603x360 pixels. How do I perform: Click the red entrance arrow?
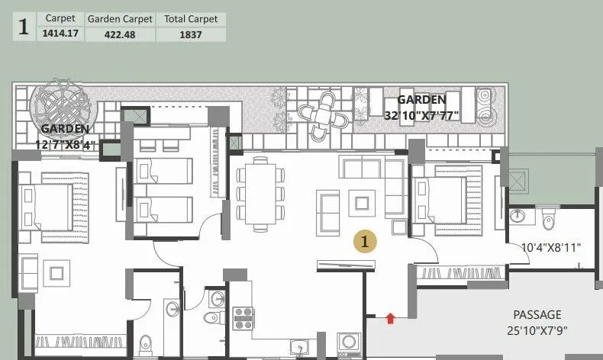click(x=390, y=317)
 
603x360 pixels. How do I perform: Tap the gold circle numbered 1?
click(x=366, y=241)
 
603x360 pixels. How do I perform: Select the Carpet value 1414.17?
click(x=60, y=34)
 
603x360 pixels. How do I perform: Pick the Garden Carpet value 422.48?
click(x=119, y=34)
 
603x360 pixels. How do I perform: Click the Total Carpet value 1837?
click(x=191, y=34)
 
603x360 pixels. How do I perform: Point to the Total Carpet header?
click(x=191, y=18)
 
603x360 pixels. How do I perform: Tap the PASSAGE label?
click(x=537, y=314)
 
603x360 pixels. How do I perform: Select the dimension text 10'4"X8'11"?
click(x=550, y=247)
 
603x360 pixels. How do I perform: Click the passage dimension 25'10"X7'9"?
click(x=537, y=330)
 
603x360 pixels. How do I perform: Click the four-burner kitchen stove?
click(x=243, y=317)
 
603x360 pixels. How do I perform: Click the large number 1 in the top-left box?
click(x=24, y=27)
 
